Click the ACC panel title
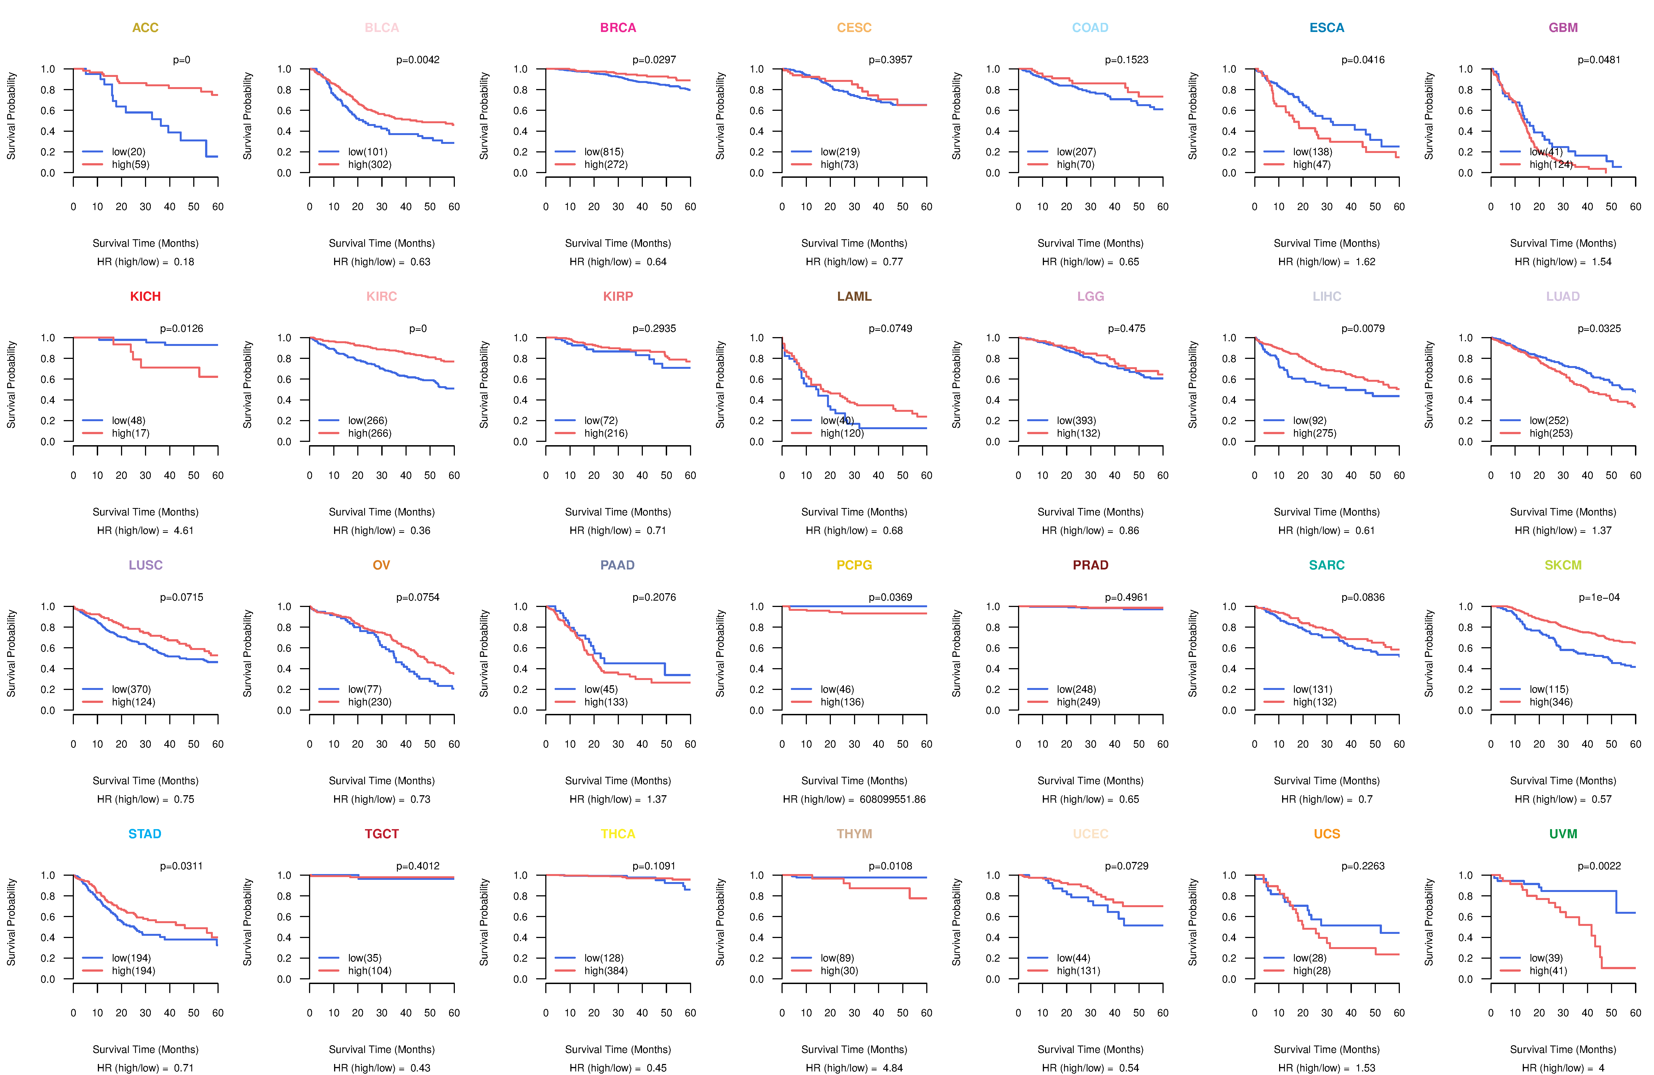pos(145,28)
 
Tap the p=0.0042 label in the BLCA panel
pos(418,60)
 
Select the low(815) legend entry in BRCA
pos(603,152)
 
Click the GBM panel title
pos(1563,28)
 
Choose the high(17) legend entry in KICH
pos(130,433)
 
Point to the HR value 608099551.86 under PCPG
pos(892,799)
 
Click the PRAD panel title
pos(1090,565)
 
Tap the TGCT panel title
pos(382,834)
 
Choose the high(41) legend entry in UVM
pos(1548,971)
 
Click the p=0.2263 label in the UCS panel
pos(1363,866)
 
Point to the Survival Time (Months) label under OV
pos(382,780)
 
